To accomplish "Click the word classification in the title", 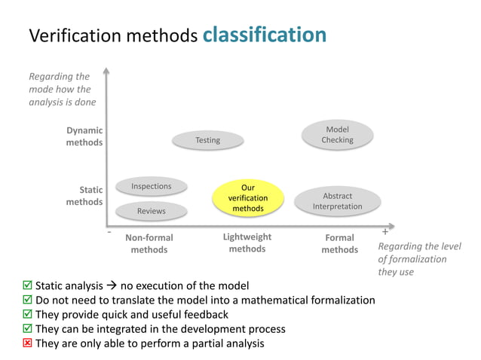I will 264,35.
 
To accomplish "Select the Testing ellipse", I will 208,140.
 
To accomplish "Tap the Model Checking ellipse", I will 337,135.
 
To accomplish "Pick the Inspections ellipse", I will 152,186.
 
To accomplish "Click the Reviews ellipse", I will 152,211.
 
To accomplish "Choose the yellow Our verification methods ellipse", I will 248,197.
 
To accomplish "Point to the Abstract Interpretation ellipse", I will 337,201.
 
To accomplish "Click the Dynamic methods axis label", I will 84,136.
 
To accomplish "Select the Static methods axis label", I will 84,196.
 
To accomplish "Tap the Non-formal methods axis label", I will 149,243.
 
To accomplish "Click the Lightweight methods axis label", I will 247,243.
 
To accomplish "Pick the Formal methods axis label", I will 339,243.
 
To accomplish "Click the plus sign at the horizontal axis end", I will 385,232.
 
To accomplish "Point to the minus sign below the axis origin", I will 109,233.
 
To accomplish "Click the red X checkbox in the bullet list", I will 28,343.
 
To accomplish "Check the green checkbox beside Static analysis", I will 28,286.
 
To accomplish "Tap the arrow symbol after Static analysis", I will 110,286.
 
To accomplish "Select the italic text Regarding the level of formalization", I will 418,259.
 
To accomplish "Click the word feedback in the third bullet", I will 203,315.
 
